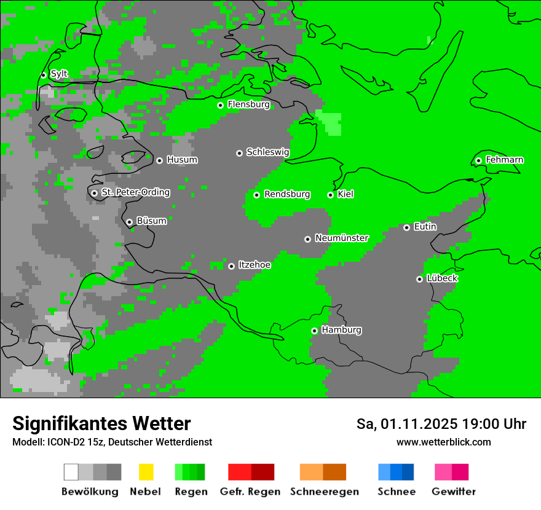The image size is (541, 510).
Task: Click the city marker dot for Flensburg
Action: tap(220, 105)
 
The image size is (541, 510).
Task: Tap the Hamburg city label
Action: tap(341, 330)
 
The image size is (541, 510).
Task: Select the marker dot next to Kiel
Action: tap(330, 195)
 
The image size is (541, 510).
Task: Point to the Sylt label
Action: tap(59, 74)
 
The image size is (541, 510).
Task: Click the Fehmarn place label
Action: tap(504, 160)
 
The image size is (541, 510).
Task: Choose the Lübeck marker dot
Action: tap(419, 279)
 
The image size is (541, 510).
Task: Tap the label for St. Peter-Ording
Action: tap(135, 192)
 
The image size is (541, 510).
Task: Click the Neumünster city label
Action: tap(342, 238)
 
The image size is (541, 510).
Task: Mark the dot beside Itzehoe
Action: tap(231, 266)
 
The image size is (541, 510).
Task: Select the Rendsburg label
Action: tap(287, 194)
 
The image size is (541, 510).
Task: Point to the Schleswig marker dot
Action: tap(239, 153)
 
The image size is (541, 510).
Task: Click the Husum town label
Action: tap(182, 160)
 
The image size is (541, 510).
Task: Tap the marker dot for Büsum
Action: tap(129, 222)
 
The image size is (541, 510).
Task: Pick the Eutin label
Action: tap(425, 227)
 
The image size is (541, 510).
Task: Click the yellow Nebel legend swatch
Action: tap(146, 472)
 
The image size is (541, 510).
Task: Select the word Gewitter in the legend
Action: tap(453, 492)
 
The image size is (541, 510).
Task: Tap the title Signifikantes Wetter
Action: tap(101, 423)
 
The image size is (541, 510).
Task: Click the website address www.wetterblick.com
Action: tap(443, 442)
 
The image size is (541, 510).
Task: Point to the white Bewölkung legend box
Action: tap(71, 472)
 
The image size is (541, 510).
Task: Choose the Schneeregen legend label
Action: tap(324, 492)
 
